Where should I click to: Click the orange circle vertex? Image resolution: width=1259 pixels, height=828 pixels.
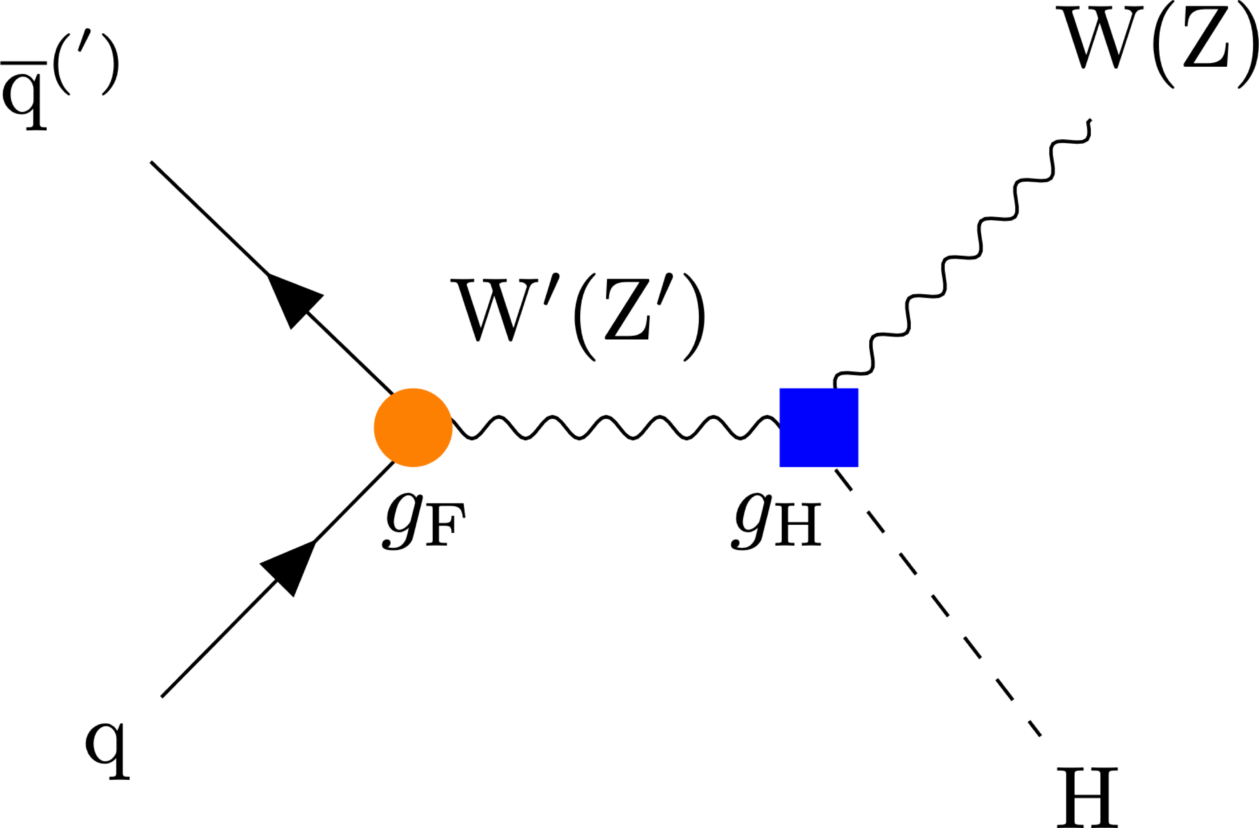(x=413, y=428)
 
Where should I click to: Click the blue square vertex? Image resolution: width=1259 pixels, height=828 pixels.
(x=818, y=428)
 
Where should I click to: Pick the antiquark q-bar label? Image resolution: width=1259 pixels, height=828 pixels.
(x=58, y=79)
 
